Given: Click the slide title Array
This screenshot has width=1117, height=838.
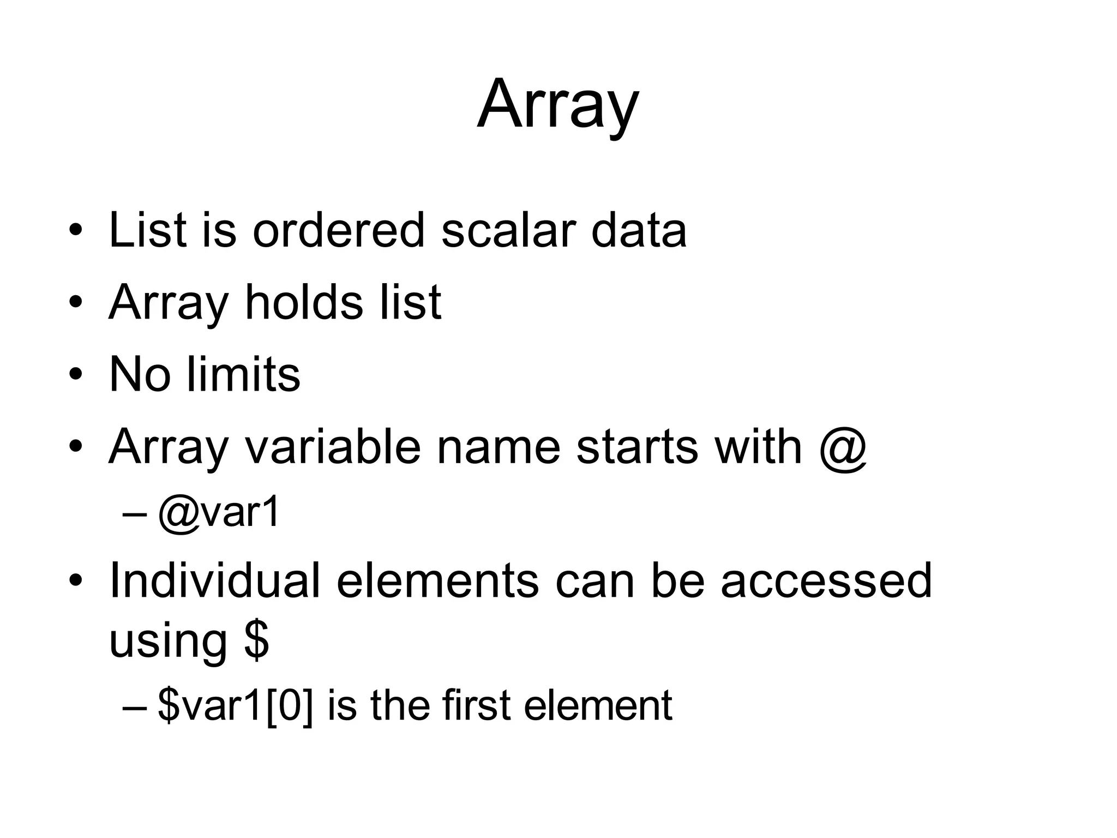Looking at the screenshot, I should tap(557, 105).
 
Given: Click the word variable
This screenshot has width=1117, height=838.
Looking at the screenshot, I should tap(333, 447).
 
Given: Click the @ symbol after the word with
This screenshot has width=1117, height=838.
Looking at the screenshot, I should tap(843, 447).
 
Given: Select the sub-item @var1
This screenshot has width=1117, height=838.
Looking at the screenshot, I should tap(219, 513).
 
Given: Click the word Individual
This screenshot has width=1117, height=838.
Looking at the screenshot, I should tap(215, 581).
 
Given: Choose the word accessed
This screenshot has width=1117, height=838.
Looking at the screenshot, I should tap(826, 581).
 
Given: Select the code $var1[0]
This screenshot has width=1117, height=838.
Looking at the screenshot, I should tap(236, 706).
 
